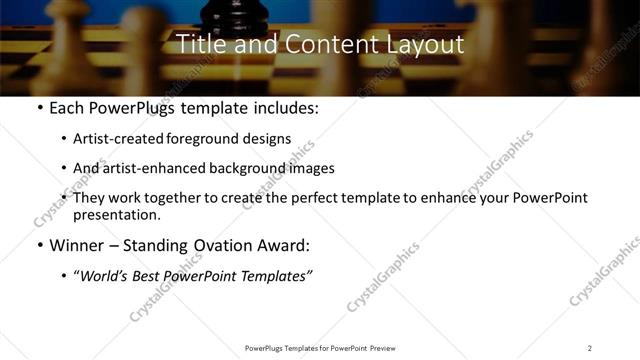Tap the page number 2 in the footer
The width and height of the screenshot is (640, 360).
coord(590,348)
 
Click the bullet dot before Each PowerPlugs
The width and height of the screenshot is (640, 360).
coord(39,108)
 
